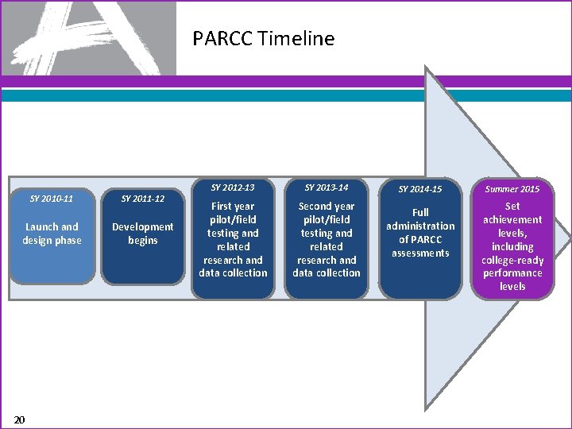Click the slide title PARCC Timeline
point(263,38)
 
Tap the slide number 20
point(20,419)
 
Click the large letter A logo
point(87,37)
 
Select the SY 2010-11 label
point(52,198)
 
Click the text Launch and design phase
point(52,234)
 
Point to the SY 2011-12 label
point(142,198)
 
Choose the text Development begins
point(142,234)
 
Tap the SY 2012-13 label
point(233,187)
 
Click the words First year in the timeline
point(233,207)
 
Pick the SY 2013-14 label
point(327,187)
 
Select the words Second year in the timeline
point(327,207)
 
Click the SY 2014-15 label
point(420,189)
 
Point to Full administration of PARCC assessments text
point(420,233)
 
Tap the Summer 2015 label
point(512,189)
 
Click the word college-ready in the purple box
point(512,260)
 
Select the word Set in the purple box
point(512,207)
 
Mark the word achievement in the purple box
point(512,220)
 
